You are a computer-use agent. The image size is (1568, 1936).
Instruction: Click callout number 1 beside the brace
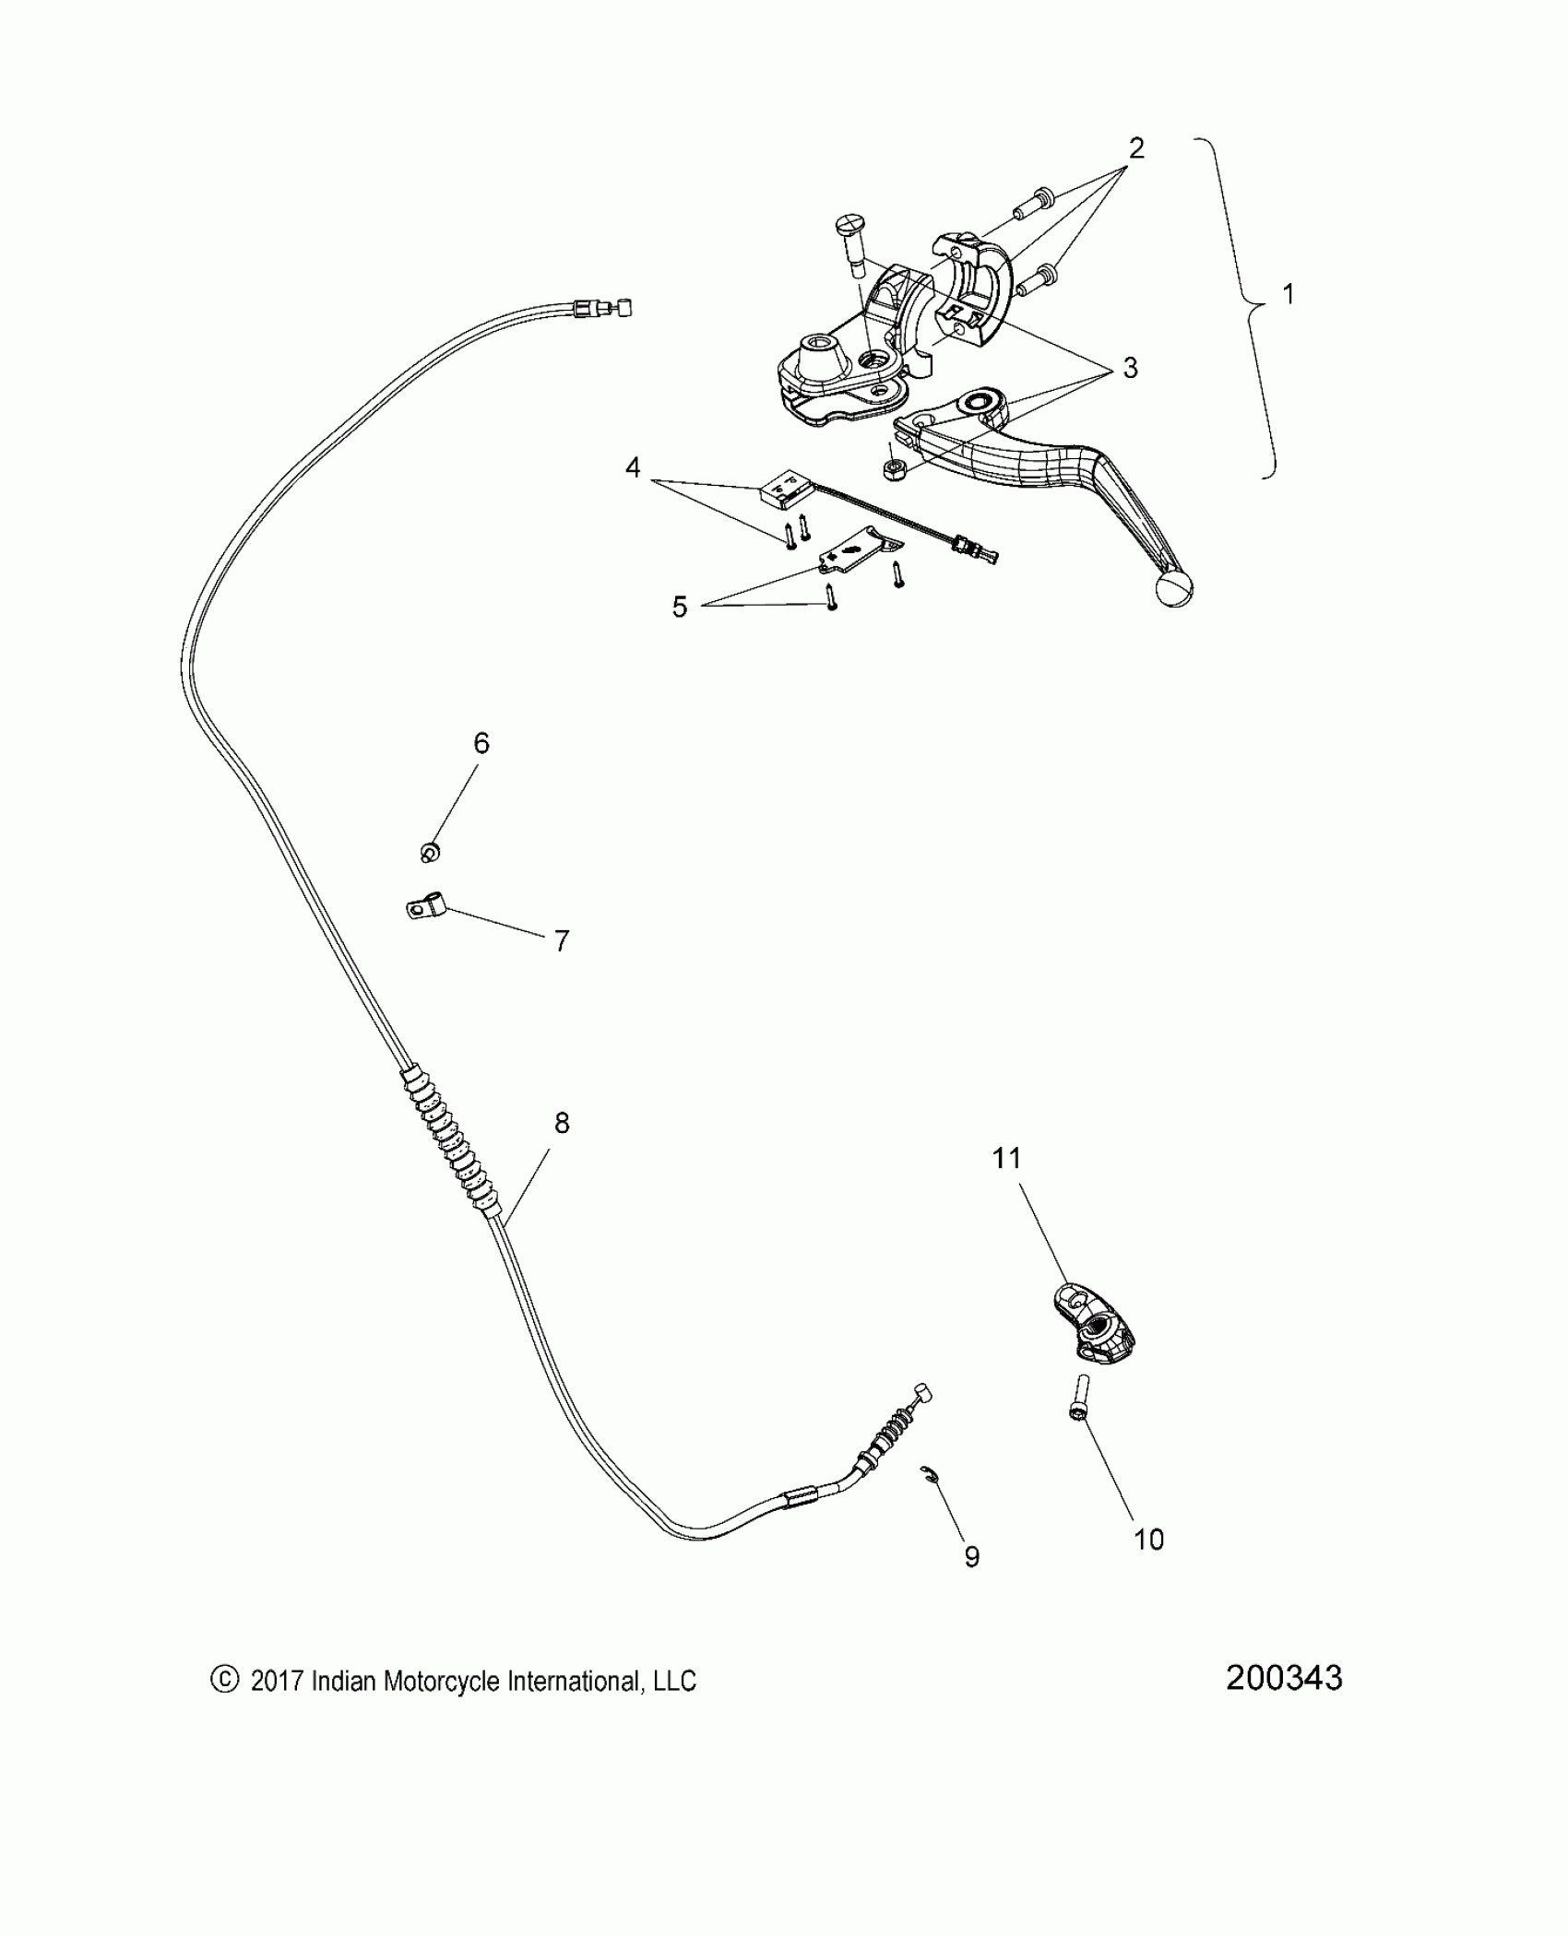tap(1289, 295)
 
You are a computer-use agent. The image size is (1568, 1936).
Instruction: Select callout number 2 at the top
tap(1136, 148)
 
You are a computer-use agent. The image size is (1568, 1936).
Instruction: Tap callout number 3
tap(1130, 369)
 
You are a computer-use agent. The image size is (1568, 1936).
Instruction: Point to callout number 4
tap(633, 468)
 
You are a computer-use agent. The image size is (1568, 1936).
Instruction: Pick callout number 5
tap(680, 607)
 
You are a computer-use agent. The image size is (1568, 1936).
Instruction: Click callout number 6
tap(481, 743)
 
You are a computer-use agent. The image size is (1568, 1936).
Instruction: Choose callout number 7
tap(562, 941)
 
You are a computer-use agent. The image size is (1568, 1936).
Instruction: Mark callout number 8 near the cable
tap(562, 1123)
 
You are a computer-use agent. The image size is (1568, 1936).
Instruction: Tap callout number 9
tap(971, 1557)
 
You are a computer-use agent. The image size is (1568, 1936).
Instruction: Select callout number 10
tap(1149, 1540)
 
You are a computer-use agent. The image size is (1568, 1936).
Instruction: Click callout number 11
tap(1007, 1159)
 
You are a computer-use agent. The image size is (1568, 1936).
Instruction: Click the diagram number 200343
tap(1284, 1678)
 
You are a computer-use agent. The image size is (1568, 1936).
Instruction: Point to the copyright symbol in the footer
tap(224, 1680)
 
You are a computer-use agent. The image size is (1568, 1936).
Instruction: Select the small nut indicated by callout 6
tap(429, 852)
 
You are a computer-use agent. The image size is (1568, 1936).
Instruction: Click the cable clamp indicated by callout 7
tap(425, 910)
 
